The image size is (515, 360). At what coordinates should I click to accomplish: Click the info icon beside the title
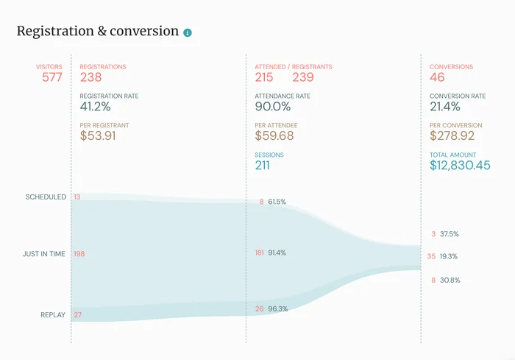(x=188, y=32)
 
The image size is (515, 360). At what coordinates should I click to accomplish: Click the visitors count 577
(x=51, y=77)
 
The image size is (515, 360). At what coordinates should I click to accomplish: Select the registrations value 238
(x=90, y=77)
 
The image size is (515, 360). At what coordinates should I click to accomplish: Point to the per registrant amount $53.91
(x=97, y=136)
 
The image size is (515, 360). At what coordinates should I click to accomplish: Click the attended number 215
(x=264, y=77)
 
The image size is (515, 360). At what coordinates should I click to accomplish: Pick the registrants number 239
(x=303, y=77)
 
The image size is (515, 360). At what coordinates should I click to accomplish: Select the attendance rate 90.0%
(x=273, y=107)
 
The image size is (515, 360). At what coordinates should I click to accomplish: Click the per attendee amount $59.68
(x=274, y=136)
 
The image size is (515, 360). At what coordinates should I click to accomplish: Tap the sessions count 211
(x=263, y=166)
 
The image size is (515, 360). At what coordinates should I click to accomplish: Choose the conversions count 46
(x=437, y=77)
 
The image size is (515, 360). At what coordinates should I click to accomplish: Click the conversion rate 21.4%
(x=446, y=107)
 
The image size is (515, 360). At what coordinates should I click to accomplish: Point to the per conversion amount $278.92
(x=452, y=136)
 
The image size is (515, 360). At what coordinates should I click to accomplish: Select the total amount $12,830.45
(x=460, y=166)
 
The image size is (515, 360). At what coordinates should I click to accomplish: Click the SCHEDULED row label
(x=46, y=197)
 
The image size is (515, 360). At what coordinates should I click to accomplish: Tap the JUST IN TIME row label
(x=43, y=254)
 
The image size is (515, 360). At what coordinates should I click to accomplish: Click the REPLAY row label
(x=53, y=315)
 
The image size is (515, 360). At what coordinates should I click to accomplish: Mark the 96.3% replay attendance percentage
(x=277, y=309)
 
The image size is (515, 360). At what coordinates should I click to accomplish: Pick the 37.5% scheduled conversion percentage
(x=450, y=234)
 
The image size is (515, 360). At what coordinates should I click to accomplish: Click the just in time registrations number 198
(x=79, y=254)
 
